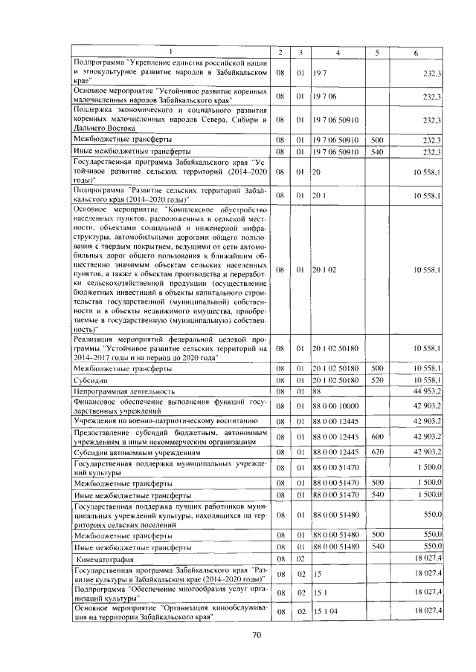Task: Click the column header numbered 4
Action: [x=337, y=51]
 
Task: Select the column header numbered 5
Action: [x=377, y=51]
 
